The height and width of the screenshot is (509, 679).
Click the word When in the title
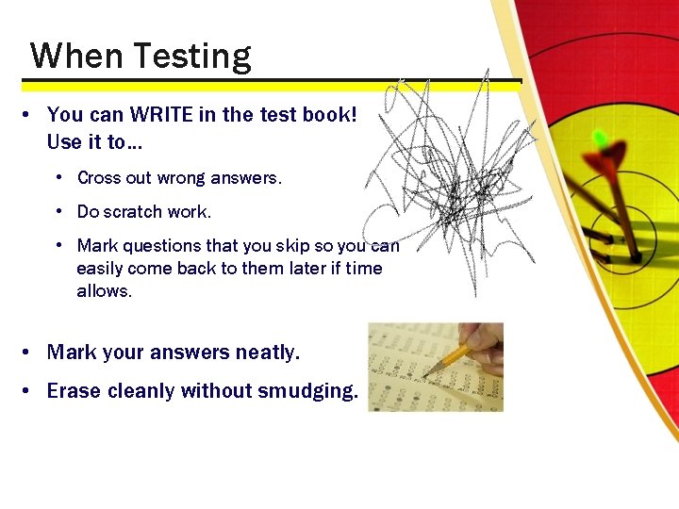point(76,56)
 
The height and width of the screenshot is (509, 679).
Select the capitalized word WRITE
point(162,115)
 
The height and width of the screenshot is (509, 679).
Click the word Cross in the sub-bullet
point(98,177)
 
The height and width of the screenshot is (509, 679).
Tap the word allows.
point(104,290)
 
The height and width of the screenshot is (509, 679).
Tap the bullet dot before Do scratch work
point(58,211)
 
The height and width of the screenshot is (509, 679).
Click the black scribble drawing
point(443,179)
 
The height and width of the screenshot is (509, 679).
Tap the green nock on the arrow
point(599,140)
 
